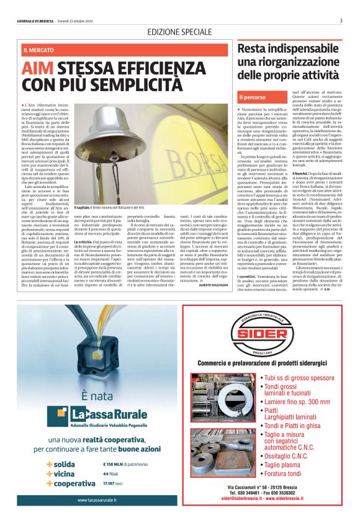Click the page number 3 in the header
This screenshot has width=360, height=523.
pyautogui.click(x=341, y=20)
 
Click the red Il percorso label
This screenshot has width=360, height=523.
pyautogui.click(x=253, y=97)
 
